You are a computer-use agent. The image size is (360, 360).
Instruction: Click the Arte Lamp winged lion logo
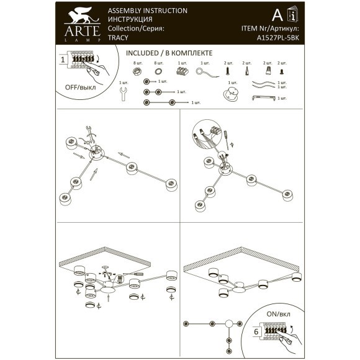(78, 16)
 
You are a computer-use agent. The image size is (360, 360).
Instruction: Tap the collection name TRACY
(117, 37)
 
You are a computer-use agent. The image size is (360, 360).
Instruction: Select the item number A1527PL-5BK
(277, 37)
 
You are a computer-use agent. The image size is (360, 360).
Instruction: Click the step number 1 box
(63, 60)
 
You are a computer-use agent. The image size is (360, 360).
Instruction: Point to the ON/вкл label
(279, 315)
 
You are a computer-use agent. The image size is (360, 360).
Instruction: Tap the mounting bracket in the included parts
(264, 97)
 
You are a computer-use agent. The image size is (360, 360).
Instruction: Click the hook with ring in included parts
(205, 73)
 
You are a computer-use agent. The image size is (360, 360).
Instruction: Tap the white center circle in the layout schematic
(228, 324)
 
